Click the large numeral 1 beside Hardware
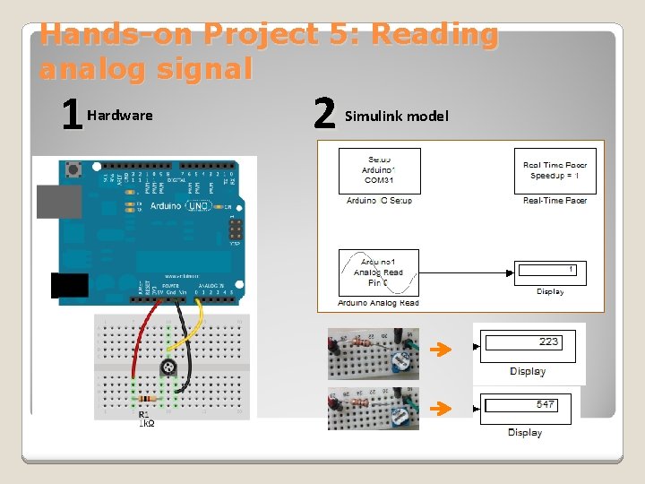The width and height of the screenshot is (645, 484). [70, 115]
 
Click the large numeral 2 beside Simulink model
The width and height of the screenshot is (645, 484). [323, 115]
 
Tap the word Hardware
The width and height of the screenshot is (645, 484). [120, 115]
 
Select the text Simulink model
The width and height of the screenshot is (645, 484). [397, 116]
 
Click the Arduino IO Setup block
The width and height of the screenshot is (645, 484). [379, 171]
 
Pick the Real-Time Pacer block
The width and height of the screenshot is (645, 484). [555, 170]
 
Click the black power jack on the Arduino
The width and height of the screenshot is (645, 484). [70, 285]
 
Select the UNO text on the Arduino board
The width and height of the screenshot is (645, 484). [198, 206]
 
